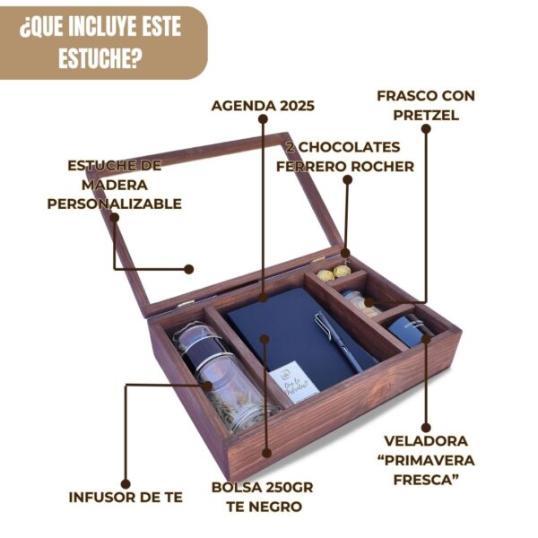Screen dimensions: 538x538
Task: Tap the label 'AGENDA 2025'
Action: [x=263, y=106]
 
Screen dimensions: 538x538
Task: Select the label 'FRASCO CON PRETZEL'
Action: [x=426, y=104]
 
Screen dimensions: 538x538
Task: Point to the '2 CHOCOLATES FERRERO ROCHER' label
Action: [x=345, y=156]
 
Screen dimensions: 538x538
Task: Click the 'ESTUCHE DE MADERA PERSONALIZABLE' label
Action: [x=114, y=185]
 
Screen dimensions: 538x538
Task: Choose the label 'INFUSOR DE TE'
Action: [x=126, y=497]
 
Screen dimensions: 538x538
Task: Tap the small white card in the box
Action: [x=293, y=381]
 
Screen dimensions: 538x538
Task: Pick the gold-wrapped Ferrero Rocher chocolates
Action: [x=334, y=271]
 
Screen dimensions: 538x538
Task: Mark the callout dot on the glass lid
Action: [x=189, y=268]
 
